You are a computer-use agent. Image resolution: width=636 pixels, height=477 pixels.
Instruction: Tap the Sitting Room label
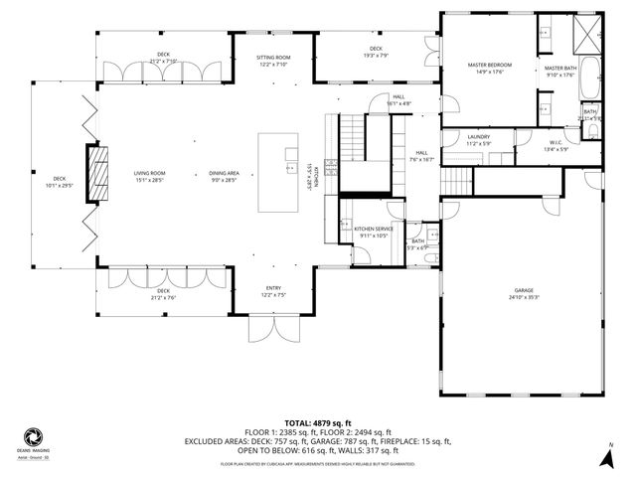[272, 62]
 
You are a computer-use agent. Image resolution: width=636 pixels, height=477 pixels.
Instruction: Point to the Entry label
[272, 291]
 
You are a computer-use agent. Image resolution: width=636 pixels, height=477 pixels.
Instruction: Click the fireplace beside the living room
[96, 175]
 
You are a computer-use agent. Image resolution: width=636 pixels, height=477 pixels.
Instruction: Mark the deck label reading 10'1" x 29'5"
[60, 183]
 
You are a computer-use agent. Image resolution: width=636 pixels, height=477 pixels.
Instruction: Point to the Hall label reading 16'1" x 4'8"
[397, 99]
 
